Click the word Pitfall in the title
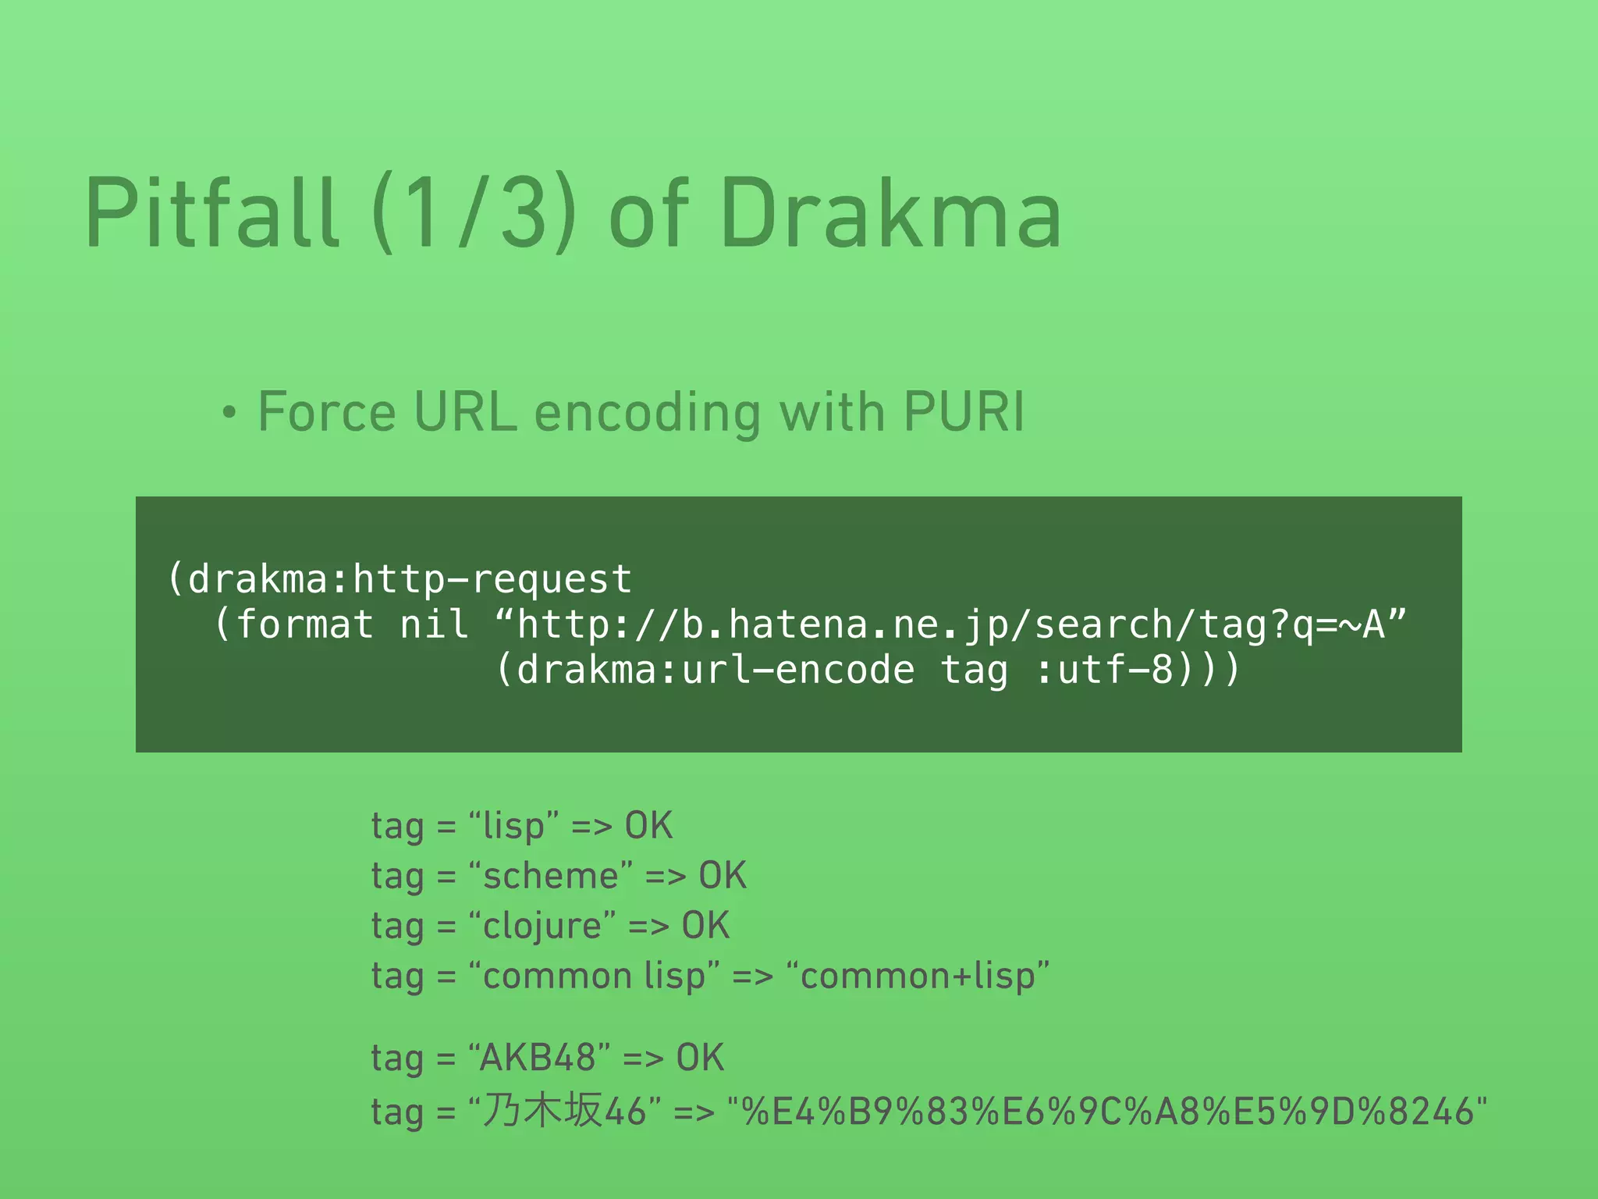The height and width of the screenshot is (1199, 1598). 212,212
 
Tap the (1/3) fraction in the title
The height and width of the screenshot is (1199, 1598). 474,212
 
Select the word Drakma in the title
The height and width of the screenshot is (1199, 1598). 891,212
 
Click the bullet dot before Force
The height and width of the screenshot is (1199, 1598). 228,413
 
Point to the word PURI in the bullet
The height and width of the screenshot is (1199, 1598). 964,411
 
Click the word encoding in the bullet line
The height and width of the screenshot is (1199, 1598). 647,413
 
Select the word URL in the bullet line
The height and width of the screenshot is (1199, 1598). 465,411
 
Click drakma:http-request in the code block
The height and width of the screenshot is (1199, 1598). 410,579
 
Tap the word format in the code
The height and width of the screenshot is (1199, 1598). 305,624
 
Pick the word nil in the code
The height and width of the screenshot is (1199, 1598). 434,624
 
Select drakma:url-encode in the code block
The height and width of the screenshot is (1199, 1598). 716,670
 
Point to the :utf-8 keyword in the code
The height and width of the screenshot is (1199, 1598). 1104,670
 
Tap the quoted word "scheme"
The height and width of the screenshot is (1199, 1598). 550,876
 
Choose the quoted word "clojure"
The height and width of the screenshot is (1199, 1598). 542,926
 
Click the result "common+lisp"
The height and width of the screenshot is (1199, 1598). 918,976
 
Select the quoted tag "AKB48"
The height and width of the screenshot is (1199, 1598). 538,1058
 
